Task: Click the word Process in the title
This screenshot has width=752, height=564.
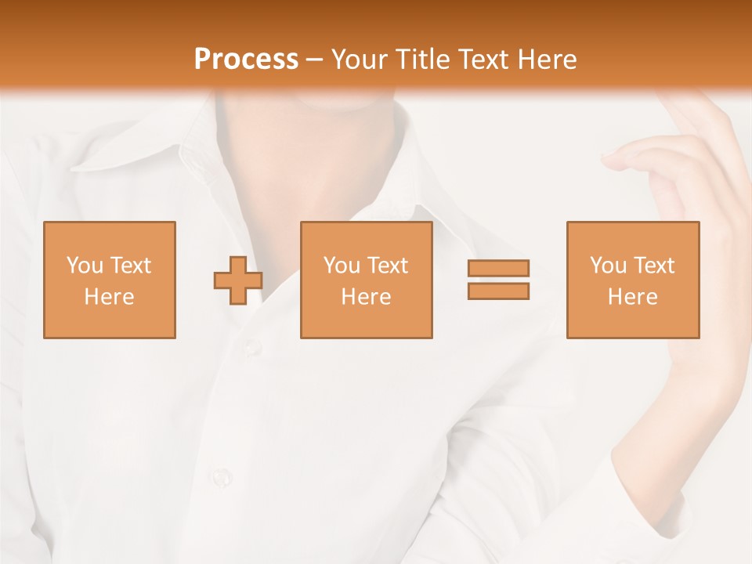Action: (x=246, y=60)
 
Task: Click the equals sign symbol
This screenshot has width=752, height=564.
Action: (x=498, y=280)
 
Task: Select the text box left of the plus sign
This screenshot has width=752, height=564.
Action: (x=109, y=280)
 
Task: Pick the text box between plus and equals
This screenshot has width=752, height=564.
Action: (x=366, y=280)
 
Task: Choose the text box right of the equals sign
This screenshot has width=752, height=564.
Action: (x=632, y=280)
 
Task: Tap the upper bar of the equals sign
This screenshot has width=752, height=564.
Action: (x=498, y=269)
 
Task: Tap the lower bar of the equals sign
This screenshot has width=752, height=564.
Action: (x=498, y=291)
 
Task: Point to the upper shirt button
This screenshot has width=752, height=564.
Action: (x=252, y=345)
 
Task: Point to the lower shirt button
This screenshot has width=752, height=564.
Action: (x=222, y=475)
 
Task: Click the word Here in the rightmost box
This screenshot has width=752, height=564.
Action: (x=632, y=296)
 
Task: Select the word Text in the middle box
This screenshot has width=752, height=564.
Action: (x=389, y=265)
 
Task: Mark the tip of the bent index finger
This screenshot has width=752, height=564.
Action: (x=606, y=160)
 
